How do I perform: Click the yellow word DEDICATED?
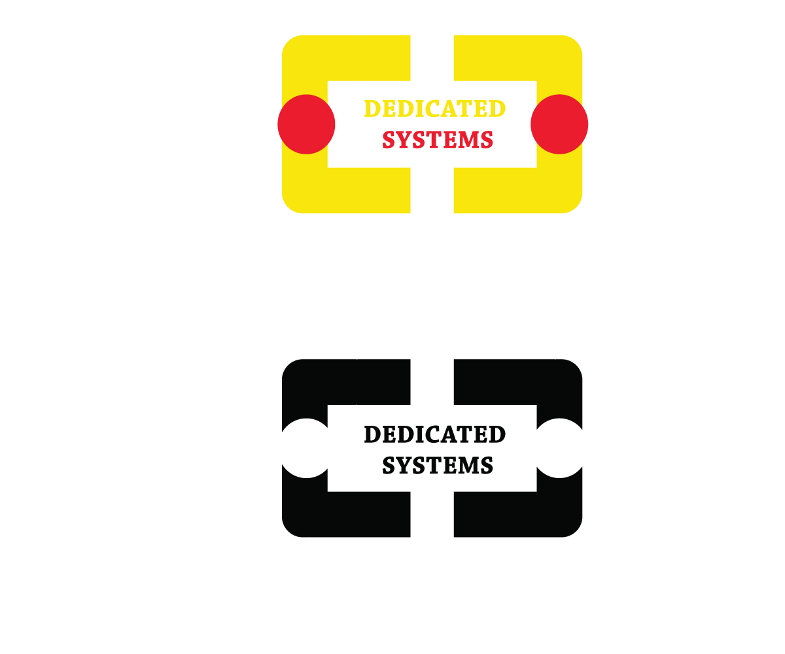(x=434, y=109)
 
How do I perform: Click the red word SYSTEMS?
(x=437, y=139)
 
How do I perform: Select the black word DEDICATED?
(x=434, y=434)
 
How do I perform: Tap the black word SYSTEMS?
(x=437, y=465)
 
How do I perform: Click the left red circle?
(x=306, y=124)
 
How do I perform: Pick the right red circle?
(x=559, y=124)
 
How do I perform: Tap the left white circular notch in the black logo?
(x=305, y=448)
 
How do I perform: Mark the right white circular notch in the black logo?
(x=560, y=448)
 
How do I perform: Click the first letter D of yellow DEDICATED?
(x=372, y=109)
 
